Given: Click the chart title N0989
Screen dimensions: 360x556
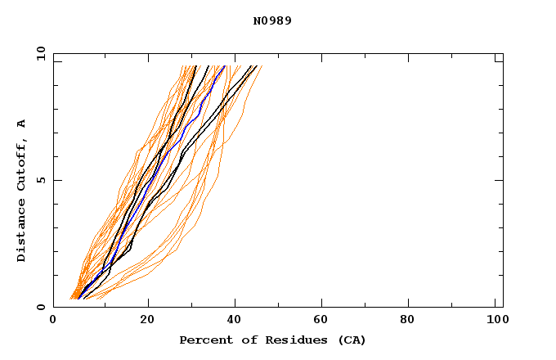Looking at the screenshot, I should [272, 20].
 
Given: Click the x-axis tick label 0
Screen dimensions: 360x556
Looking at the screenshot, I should [53, 320].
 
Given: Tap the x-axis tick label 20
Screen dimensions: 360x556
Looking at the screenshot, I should [147, 320].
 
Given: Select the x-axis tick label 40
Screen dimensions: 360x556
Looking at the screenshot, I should [235, 320].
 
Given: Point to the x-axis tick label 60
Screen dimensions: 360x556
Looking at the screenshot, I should [324, 320].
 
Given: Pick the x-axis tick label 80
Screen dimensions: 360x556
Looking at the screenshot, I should [412, 320].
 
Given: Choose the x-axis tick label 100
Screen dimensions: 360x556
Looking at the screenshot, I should [496, 320].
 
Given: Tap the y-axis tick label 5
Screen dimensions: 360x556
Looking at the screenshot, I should [40, 180].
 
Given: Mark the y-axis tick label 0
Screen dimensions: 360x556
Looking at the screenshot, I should [40, 307].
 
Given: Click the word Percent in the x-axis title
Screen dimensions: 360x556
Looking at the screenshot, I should [203, 340].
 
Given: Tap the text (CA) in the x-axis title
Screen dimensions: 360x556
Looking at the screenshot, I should [353, 340].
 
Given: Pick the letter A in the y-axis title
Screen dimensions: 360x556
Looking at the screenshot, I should [21, 124].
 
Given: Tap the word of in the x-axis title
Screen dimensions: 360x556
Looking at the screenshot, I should [245, 340].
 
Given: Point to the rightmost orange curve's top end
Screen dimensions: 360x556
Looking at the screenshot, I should [262, 66].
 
